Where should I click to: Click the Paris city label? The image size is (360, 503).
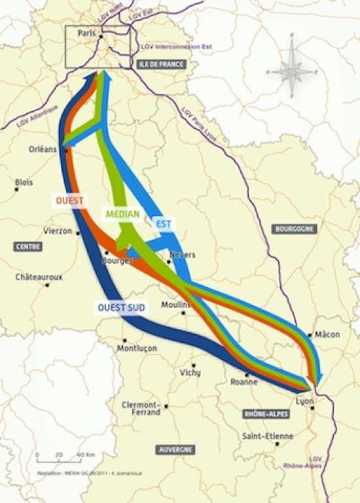tap(86, 32)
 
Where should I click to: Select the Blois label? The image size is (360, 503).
tap(24, 182)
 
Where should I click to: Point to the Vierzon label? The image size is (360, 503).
tap(58, 230)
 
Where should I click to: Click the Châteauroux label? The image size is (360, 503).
tap(39, 277)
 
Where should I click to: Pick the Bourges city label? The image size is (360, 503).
tap(117, 260)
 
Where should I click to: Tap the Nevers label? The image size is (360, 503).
tap(182, 254)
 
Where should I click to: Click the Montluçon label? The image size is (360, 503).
tap(137, 349)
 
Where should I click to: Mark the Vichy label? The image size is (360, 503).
tap(190, 372)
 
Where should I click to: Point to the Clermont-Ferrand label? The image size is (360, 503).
tap(141, 409)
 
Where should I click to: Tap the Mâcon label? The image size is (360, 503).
tap(327, 334)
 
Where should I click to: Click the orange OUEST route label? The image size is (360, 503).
tap(68, 200)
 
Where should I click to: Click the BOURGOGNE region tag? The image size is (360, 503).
tap(294, 229)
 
